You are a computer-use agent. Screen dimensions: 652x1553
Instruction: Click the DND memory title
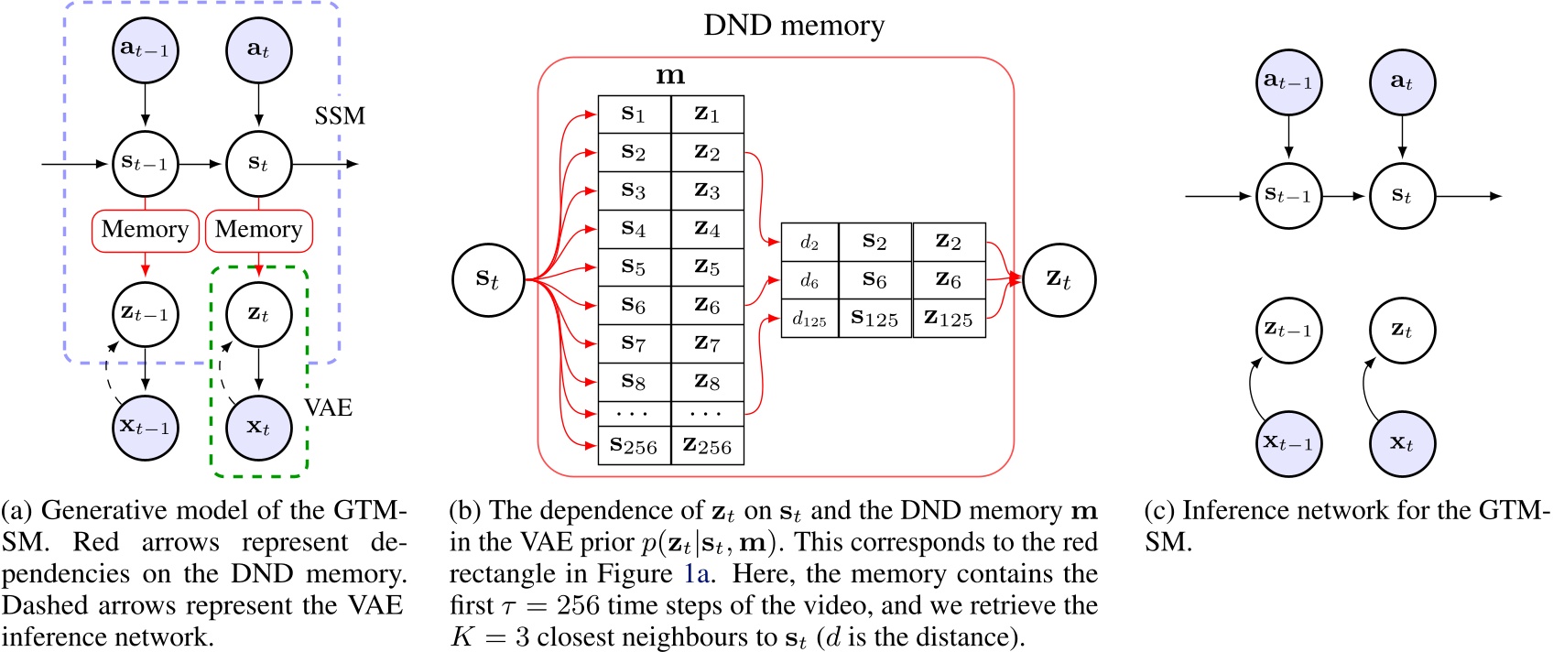point(793,26)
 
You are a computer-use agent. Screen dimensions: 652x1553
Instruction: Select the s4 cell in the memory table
point(634,229)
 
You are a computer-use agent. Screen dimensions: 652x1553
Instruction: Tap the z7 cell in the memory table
point(707,343)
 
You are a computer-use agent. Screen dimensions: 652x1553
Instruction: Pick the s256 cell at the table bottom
point(634,446)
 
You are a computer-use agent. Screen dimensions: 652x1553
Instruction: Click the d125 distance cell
point(809,319)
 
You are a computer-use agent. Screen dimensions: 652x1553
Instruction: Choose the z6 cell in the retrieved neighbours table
point(949,280)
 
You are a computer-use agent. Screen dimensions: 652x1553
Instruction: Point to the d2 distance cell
point(809,242)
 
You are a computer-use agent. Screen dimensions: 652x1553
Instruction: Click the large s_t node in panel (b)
point(488,279)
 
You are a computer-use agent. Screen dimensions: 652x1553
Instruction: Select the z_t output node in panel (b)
point(1059,279)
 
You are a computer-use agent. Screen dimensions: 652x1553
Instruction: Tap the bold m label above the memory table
point(670,76)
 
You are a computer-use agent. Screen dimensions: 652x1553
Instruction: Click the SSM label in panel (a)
point(340,116)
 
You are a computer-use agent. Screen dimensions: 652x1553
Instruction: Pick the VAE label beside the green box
point(329,407)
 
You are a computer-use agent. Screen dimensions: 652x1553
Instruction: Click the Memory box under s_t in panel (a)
point(259,230)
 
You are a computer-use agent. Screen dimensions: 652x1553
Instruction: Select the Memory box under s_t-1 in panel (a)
point(145,230)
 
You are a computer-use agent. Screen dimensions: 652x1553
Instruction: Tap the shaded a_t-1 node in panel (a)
point(145,49)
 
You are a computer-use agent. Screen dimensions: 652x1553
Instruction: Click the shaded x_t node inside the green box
point(259,428)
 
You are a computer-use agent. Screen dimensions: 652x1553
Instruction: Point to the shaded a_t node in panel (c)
point(1402,81)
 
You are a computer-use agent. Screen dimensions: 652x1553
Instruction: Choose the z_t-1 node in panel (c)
point(1288,330)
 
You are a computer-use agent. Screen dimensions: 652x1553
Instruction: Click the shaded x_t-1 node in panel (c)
point(1288,444)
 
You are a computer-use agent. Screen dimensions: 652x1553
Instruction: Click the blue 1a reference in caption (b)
point(697,574)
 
